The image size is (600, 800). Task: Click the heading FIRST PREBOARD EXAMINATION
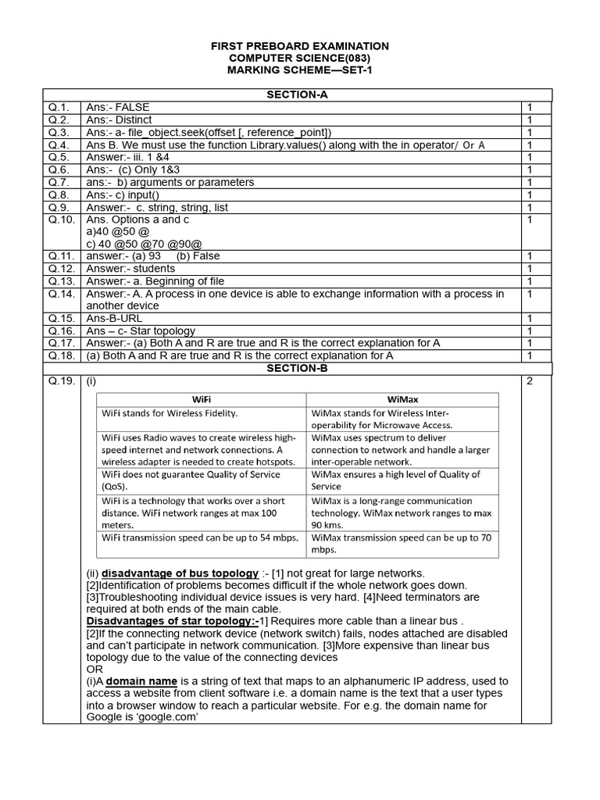click(300, 47)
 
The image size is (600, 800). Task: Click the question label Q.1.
click(59, 107)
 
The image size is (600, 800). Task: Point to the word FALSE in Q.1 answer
click(132, 107)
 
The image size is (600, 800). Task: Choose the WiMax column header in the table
click(402, 398)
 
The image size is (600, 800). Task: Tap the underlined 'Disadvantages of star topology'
click(172, 621)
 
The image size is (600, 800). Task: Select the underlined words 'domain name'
click(142, 681)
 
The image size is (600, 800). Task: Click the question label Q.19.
click(62, 381)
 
